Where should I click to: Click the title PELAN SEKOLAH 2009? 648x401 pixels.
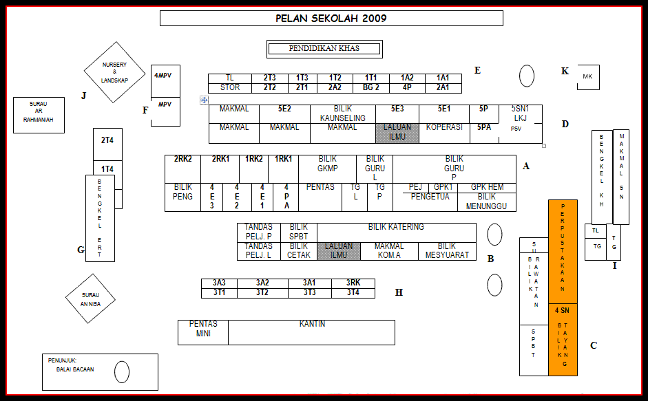(x=331, y=18)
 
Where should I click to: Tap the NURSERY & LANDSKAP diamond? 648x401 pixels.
(x=114, y=72)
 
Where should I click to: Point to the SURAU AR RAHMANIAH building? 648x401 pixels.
(x=39, y=116)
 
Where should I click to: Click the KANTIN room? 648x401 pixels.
(x=312, y=332)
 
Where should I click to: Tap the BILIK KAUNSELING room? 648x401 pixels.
(x=342, y=113)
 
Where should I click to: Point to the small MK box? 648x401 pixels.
(x=588, y=77)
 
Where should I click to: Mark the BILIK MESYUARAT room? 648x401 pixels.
(x=447, y=251)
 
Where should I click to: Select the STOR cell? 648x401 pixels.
(x=230, y=88)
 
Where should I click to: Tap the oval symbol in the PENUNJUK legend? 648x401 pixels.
(x=122, y=372)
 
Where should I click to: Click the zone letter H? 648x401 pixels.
(x=399, y=293)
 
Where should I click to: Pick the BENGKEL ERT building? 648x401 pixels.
(x=100, y=218)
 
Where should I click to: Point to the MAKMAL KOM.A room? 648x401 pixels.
(x=389, y=251)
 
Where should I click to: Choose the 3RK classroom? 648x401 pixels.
(x=353, y=283)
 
